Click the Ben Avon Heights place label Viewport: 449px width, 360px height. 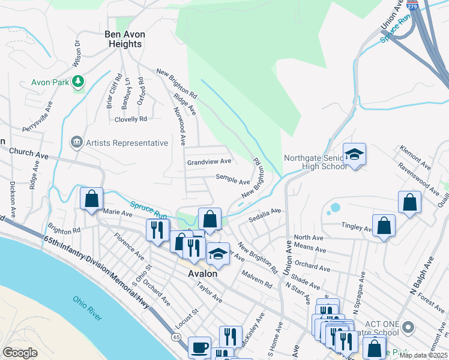[x=125, y=40]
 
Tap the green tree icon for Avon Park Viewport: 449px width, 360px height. [x=77, y=81]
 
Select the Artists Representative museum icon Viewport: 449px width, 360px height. [x=77, y=143]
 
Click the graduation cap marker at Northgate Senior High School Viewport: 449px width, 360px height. [x=354, y=154]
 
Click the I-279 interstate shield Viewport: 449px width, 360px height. [x=412, y=6]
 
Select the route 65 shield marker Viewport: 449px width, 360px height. [x=176, y=338]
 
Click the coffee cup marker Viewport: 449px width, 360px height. [x=199, y=347]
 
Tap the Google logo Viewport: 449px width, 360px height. [x=20, y=353]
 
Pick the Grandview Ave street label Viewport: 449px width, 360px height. [x=209, y=162]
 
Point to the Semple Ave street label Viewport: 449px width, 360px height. [x=233, y=181]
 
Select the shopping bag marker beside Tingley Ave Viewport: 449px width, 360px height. [x=384, y=226]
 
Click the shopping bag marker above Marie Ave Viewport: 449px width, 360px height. [x=91, y=199]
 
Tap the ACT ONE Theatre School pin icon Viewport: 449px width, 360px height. [x=409, y=328]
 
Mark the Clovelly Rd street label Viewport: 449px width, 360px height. [x=131, y=119]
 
